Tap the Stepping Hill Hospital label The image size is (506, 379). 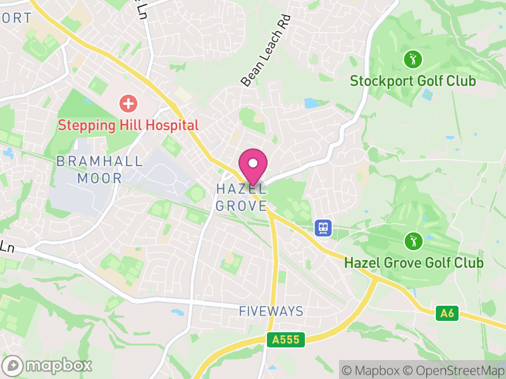128,125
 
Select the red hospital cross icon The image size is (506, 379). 128,103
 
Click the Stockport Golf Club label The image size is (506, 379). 413,81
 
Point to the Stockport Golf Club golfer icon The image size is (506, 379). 413,60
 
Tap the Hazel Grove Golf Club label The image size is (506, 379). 414,263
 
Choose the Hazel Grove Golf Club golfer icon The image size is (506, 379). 413,241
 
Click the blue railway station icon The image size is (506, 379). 323,227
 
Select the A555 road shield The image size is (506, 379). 286,340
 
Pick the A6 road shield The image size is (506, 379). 447,313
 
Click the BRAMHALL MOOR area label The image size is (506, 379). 99,169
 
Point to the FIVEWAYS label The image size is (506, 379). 271,311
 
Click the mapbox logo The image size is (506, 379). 47,365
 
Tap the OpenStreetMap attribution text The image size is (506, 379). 454,370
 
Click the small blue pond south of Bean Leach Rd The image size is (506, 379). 311,103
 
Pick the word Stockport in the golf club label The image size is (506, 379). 382,81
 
